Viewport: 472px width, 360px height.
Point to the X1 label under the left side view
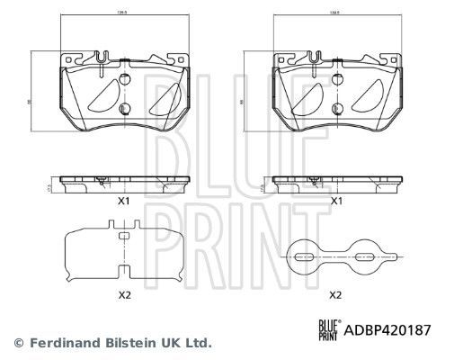pos(126,201)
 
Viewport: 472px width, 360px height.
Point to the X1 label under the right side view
pos(336,201)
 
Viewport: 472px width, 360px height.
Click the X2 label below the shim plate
pos(126,294)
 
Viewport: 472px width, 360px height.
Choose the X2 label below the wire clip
pos(336,294)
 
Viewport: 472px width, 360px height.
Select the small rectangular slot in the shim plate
pos(123,236)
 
